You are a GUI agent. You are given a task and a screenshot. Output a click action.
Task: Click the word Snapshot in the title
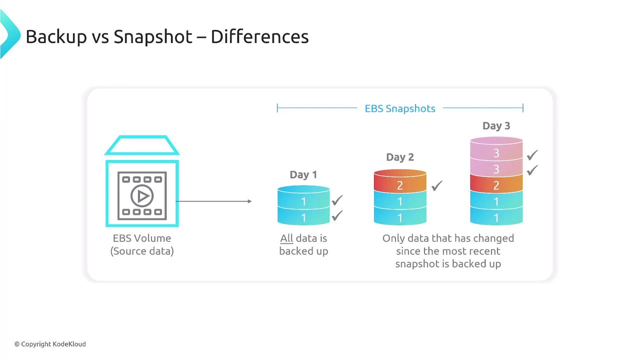153,37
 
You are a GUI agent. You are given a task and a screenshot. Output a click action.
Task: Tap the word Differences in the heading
259,36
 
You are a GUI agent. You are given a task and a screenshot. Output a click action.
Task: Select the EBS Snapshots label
400,108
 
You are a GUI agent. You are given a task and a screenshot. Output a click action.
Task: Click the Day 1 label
303,174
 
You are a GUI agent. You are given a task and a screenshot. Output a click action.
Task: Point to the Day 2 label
400,157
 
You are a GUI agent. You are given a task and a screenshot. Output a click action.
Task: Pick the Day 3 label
496,125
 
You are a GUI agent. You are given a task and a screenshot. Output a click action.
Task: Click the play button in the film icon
142,196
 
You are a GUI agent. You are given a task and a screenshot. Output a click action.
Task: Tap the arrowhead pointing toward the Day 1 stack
249,201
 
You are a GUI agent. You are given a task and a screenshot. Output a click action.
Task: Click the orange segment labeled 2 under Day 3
496,184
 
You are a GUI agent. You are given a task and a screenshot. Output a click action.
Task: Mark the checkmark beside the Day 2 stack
437,185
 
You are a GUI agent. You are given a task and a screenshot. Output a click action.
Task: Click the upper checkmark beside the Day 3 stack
532,155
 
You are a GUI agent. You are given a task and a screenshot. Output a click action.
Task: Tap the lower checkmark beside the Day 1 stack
337,215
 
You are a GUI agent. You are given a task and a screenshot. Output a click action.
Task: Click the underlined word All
286,238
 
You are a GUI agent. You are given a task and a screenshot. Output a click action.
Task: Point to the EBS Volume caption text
142,244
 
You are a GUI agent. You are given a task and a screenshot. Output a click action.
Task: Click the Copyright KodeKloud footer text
50,344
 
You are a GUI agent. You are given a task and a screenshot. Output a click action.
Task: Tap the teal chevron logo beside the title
9,34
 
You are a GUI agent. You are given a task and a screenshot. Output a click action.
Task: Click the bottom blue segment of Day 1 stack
303,216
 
